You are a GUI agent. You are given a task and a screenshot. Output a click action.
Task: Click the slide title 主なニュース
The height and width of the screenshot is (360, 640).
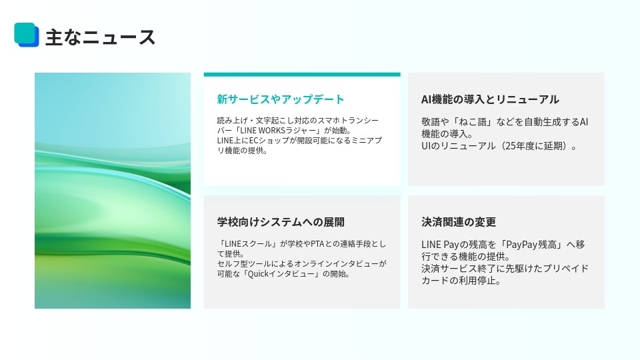pos(100,37)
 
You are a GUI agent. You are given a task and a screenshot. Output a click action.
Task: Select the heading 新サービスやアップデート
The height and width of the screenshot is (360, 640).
pos(281,99)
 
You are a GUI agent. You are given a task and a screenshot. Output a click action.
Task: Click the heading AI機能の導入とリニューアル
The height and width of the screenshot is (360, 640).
pos(490,99)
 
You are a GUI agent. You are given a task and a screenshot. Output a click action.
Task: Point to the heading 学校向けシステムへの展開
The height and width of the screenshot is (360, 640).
pos(281,222)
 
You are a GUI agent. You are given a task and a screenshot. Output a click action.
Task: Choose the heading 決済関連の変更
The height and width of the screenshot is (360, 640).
pos(459,222)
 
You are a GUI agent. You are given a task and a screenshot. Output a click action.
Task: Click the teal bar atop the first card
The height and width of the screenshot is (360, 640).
pos(302,74)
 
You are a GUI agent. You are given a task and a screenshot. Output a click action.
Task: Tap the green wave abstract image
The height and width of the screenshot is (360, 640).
pos(113,191)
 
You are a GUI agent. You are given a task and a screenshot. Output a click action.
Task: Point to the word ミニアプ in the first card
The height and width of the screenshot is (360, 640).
pos(366,141)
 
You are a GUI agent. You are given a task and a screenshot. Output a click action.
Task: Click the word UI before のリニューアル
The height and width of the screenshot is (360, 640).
pos(426,146)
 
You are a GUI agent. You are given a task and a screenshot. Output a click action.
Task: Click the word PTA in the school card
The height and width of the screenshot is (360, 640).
pos(317,244)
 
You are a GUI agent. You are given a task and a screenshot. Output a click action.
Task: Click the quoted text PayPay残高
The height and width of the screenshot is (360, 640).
pos(531,245)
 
